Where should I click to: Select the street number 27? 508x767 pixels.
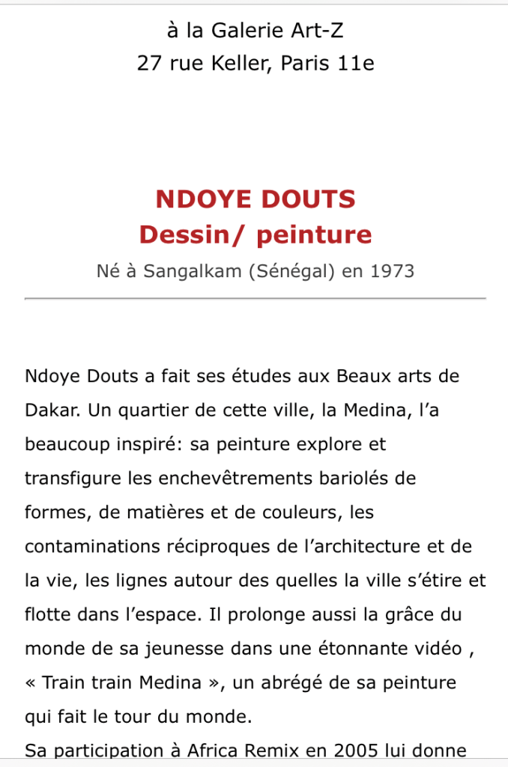[x=148, y=64]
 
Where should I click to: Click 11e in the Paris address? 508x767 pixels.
[x=356, y=64]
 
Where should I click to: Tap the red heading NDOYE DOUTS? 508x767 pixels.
[x=255, y=199]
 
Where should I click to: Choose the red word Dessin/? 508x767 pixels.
[x=194, y=234]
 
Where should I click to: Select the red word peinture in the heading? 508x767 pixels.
[x=314, y=234]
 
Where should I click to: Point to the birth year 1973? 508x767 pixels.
[x=393, y=270]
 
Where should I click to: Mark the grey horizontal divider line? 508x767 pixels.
[x=255, y=298]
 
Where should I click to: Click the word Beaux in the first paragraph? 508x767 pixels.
[x=363, y=376]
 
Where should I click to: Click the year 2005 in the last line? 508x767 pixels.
[x=358, y=751]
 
